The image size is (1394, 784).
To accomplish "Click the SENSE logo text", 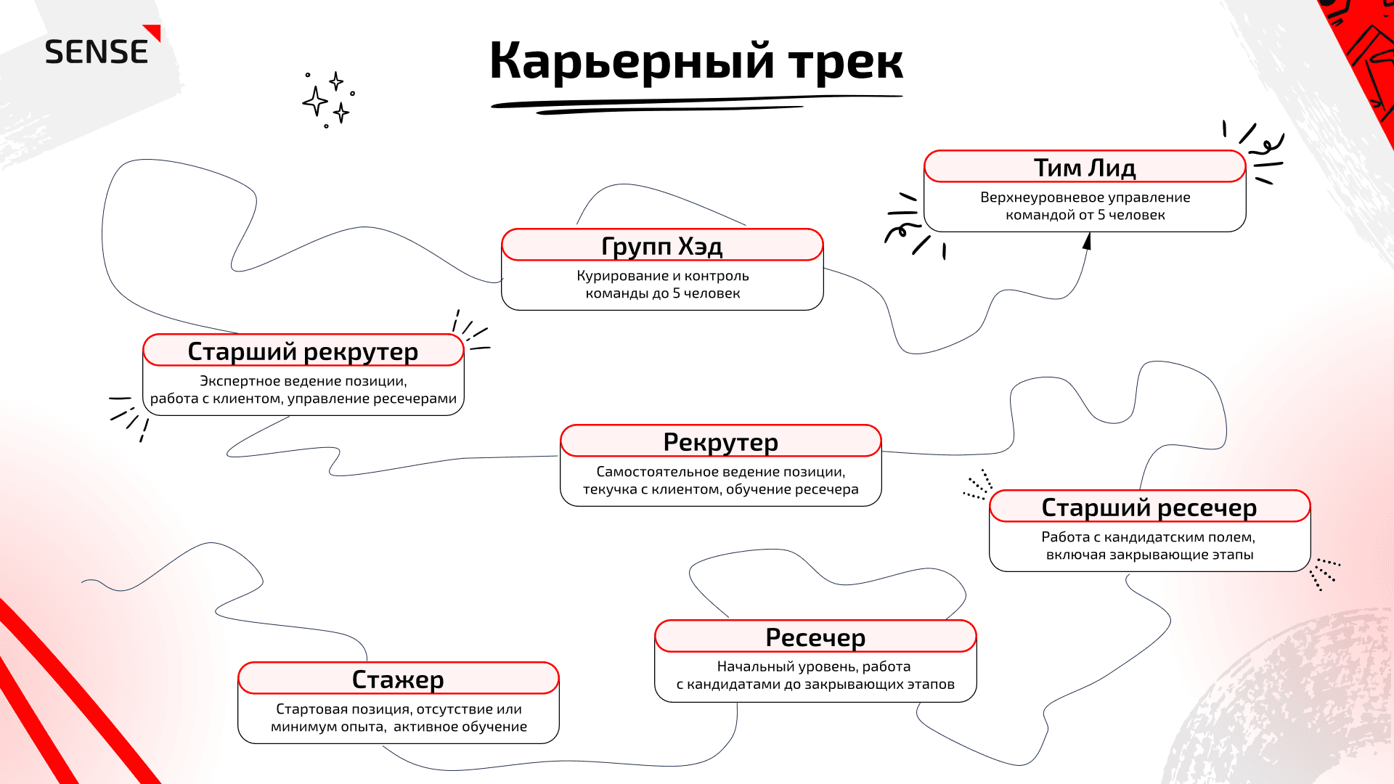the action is tap(97, 52).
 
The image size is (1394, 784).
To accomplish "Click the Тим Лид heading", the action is tap(1085, 168).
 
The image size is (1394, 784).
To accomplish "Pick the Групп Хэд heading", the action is tap(662, 246).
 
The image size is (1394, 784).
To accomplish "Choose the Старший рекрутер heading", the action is tap(303, 351).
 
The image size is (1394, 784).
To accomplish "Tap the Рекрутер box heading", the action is tap(720, 442).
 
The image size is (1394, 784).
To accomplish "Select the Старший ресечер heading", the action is tap(1149, 507).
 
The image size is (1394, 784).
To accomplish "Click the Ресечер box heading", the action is tap(815, 637).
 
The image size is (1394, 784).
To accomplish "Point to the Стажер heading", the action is tap(398, 679).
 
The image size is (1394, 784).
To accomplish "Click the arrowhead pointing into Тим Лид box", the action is tap(1087, 241).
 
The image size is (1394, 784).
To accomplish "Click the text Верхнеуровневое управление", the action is tap(1085, 197).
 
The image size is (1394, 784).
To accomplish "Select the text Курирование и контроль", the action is tap(663, 276).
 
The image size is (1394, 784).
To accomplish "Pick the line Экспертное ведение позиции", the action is tap(303, 381).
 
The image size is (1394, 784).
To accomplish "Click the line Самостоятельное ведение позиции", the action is tap(721, 472).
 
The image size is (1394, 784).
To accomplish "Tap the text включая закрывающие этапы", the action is tap(1150, 555).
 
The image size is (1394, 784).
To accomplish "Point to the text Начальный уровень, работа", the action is tap(814, 666).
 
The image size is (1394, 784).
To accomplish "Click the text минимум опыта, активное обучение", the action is tap(399, 727).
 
